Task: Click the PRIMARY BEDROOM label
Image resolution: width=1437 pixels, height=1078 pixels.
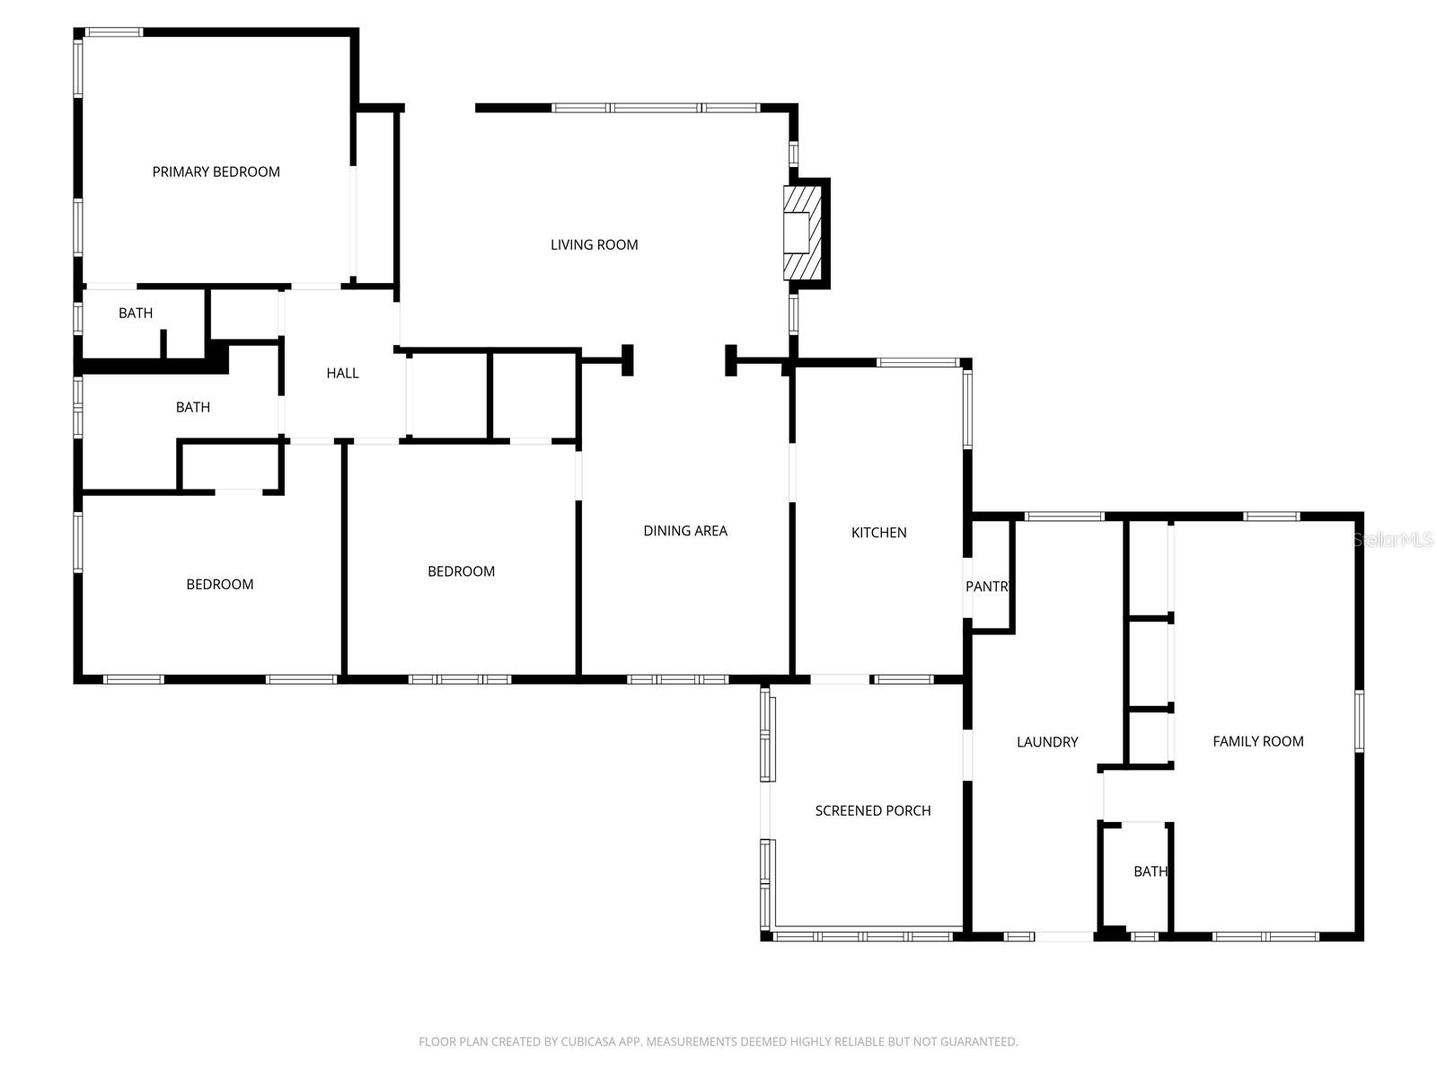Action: pos(216,172)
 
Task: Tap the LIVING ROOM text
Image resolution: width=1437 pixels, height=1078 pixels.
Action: pos(594,244)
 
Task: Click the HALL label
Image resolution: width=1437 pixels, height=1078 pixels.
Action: pos(342,373)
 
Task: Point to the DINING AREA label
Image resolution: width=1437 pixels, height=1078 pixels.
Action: pos(685,531)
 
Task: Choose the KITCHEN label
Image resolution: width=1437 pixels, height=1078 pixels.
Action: pos(878,533)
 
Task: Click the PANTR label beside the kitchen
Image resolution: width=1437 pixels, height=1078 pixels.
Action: pos(987,587)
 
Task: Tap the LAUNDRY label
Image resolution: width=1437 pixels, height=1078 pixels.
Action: pos(1047,742)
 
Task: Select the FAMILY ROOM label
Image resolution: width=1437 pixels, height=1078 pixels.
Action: pos(1257,741)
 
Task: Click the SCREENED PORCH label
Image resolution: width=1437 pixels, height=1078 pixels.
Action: pos(872,810)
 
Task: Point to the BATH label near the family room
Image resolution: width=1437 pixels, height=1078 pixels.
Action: pos(1150,871)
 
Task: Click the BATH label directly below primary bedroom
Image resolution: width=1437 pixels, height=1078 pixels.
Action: pos(136,314)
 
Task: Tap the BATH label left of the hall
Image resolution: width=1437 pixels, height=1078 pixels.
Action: pos(192,408)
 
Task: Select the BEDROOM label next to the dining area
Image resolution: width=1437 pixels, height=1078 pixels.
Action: pos(461,571)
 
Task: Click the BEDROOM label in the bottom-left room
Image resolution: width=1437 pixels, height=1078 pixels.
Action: pos(219,585)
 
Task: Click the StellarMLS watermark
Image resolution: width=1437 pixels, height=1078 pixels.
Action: pos(1393,540)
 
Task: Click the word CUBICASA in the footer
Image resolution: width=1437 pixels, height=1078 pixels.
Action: pos(587,1042)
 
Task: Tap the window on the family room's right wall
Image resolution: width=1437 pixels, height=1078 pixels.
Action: pos(1359,720)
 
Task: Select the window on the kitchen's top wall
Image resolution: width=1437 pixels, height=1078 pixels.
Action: pos(918,363)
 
